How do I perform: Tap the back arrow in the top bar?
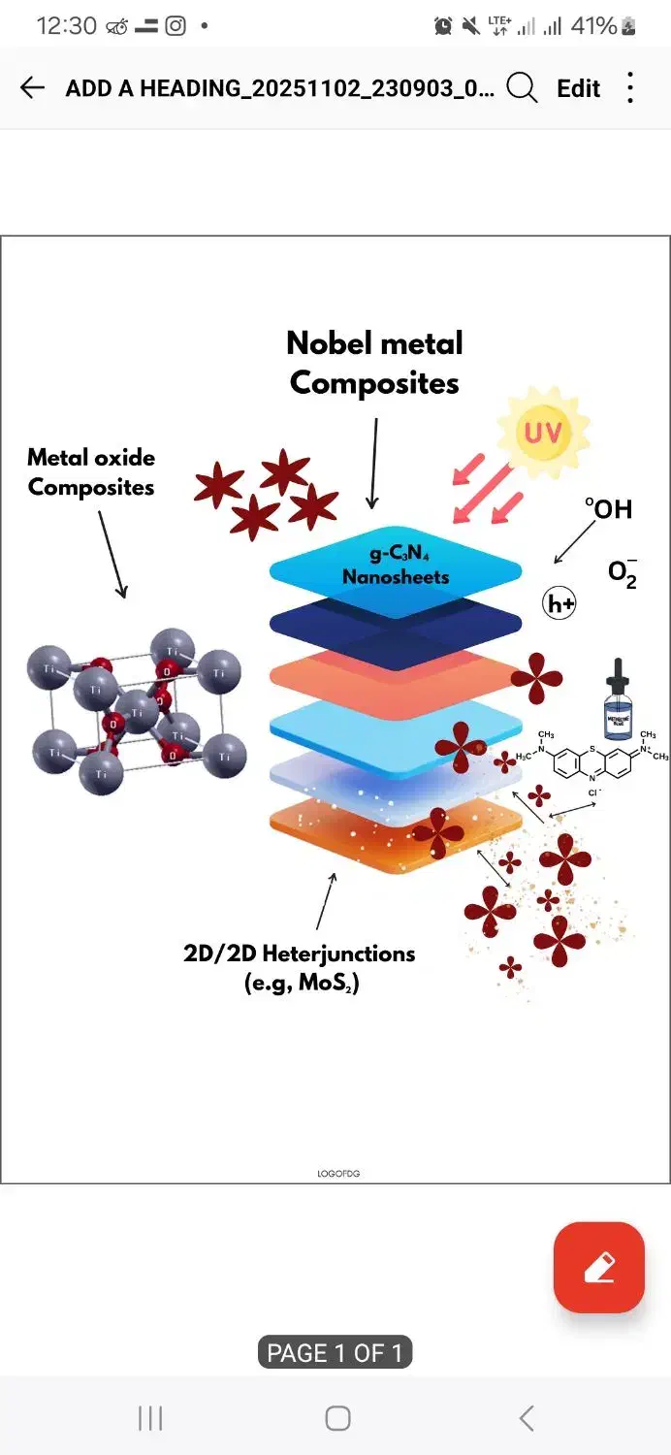pyautogui.click(x=32, y=88)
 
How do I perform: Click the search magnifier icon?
pyautogui.click(x=522, y=88)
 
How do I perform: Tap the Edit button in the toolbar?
pyautogui.click(x=579, y=88)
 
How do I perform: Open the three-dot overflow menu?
pyautogui.click(x=630, y=88)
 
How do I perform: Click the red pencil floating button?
pyautogui.click(x=598, y=1267)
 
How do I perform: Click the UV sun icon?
pyautogui.click(x=542, y=432)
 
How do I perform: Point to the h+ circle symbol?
pyautogui.click(x=559, y=604)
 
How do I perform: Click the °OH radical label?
pyautogui.click(x=608, y=508)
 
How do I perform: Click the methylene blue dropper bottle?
pyautogui.click(x=618, y=699)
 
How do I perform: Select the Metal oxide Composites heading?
pyautogui.click(x=91, y=471)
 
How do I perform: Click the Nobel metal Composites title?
pyautogui.click(x=374, y=363)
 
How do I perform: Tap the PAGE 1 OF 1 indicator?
pyautogui.click(x=335, y=1352)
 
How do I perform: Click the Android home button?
pyautogui.click(x=337, y=1418)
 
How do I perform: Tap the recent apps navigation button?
pyautogui.click(x=150, y=1418)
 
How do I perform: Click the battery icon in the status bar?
pyautogui.click(x=629, y=26)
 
